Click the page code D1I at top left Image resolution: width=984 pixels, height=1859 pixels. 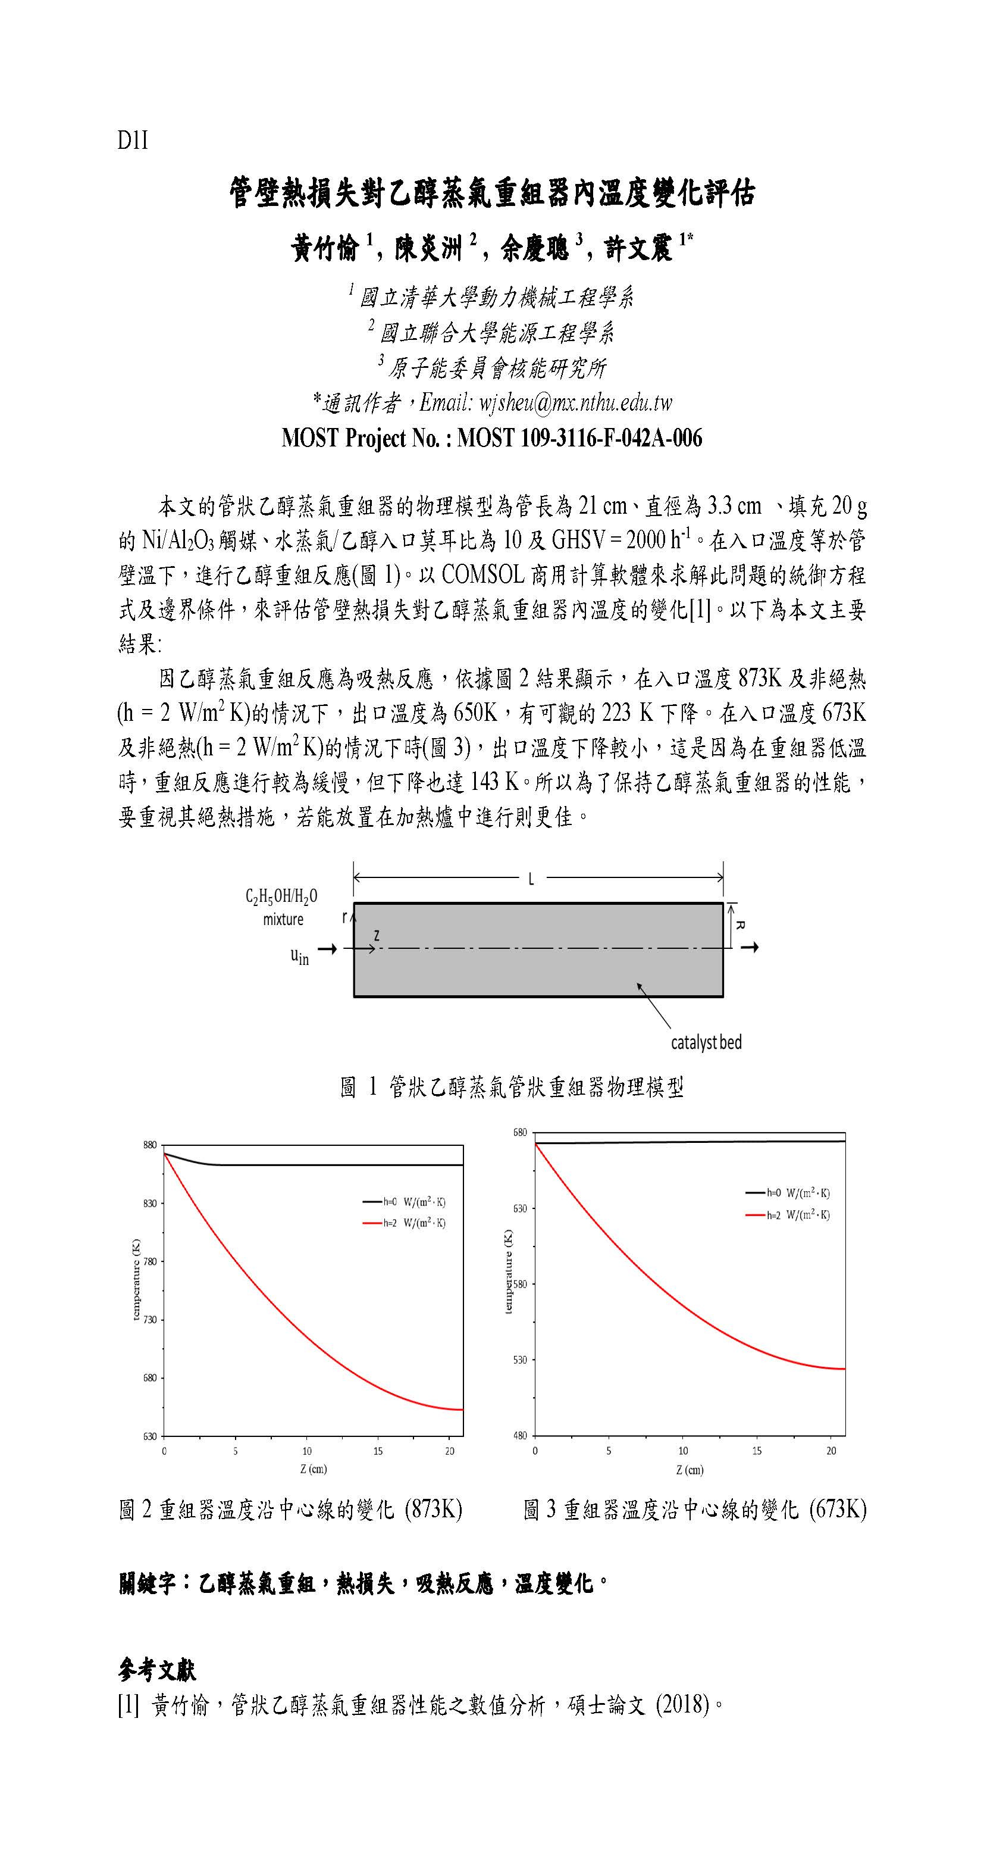coord(133,140)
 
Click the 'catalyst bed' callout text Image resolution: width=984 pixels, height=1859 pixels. coord(706,1042)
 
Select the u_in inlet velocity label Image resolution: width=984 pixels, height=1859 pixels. coord(299,956)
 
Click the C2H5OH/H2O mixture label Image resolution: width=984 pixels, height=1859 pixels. coord(281,907)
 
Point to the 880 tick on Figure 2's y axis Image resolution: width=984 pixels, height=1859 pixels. coord(149,1145)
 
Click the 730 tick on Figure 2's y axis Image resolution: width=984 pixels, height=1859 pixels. coord(149,1320)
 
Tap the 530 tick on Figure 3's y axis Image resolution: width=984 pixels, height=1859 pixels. coord(520,1360)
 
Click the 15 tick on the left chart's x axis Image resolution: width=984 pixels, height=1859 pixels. coord(378,1451)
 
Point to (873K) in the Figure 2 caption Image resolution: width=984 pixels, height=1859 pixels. coord(433,1510)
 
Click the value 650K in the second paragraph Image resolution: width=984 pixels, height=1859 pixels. coord(475,713)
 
